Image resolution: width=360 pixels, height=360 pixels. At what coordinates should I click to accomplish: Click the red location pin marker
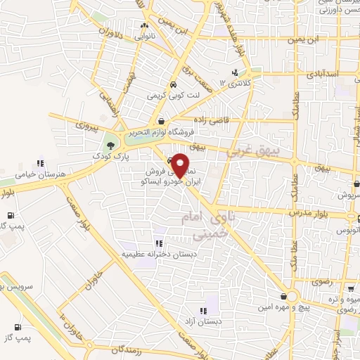tap(180, 165)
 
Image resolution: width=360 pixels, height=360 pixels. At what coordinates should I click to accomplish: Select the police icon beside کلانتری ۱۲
tap(236, 72)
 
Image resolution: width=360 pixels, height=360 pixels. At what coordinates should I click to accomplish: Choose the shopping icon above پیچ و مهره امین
tap(284, 296)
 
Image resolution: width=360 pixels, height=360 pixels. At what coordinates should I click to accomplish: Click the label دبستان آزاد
tap(203, 321)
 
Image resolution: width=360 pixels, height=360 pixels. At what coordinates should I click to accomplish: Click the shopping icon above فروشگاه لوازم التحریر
tap(163, 121)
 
